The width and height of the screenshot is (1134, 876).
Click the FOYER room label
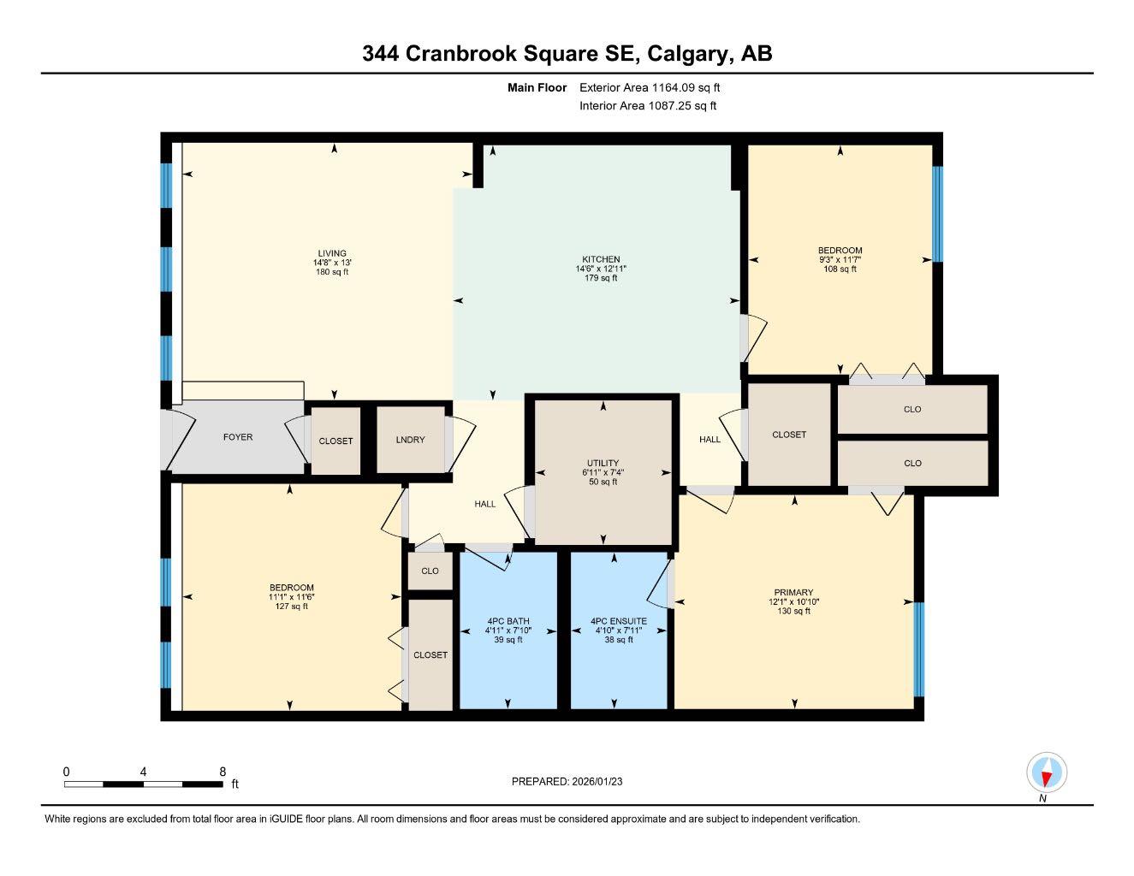click(238, 437)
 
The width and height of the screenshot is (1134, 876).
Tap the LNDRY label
click(411, 440)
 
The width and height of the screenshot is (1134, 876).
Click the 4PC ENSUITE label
click(619, 621)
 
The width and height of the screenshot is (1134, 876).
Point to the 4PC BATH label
click(508, 621)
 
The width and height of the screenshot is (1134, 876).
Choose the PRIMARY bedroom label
click(793, 592)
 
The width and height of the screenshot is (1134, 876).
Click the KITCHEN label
click(601, 259)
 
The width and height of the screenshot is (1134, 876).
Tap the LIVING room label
click(332, 253)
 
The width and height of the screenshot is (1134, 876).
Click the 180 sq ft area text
click(332, 272)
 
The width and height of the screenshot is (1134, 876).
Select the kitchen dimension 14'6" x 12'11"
click(601, 269)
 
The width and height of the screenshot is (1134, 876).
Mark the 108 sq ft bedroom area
click(840, 269)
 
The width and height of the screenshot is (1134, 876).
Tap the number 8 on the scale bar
click(223, 772)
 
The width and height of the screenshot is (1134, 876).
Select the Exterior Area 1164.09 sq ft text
click(650, 87)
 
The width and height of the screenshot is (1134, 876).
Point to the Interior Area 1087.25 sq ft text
click(648, 106)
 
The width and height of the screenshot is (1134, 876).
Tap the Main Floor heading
click(537, 87)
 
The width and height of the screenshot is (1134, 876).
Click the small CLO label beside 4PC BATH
click(430, 571)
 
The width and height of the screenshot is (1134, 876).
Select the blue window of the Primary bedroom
click(918, 649)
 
